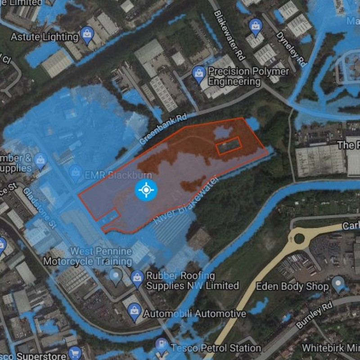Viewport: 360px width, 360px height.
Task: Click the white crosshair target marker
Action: tap(146, 190)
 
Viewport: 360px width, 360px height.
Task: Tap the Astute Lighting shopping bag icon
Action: tap(86, 33)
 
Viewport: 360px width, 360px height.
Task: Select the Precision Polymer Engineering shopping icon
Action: tap(198, 72)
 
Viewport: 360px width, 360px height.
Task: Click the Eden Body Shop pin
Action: tap(337, 283)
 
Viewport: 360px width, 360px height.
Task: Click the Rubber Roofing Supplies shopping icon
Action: tap(137, 279)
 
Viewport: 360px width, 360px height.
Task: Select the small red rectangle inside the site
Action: tap(229, 146)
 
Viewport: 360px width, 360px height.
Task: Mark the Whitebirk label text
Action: tap(331, 348)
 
